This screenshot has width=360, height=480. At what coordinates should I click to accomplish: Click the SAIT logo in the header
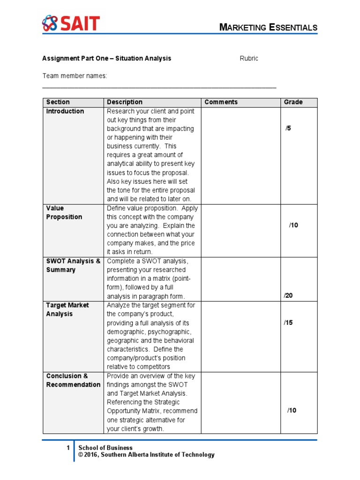pos(71,23)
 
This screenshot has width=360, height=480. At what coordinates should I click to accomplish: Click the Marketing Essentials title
pos(269,28)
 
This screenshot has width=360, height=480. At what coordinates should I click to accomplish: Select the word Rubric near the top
pos(249,59)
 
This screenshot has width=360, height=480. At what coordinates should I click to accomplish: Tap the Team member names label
pos(75,76)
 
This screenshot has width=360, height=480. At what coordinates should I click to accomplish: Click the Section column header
pos(58,102)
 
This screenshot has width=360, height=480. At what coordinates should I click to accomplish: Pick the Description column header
pos(125,102)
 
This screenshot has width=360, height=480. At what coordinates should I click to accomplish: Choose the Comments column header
pos(221,102)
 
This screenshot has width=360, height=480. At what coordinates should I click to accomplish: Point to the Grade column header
pos(293,102)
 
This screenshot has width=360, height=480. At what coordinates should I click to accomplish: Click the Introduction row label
pos(65,112)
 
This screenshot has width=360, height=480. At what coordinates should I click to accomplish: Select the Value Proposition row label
pos(64,212)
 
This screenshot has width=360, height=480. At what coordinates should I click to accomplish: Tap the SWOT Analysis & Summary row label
pos(73,265)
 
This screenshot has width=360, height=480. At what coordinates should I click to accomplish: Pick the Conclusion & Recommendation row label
pos(73,380)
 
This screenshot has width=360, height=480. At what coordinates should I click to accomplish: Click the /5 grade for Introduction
pos(288,129)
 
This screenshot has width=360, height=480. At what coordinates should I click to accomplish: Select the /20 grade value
pos(288,296)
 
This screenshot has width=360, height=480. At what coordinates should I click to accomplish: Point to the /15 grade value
pos(288,322)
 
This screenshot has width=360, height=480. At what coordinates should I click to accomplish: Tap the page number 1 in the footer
pos(68,448)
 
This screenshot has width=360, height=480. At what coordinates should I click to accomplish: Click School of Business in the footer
pos(105,448)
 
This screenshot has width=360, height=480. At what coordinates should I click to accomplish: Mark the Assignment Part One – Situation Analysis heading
pos(106,59)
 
